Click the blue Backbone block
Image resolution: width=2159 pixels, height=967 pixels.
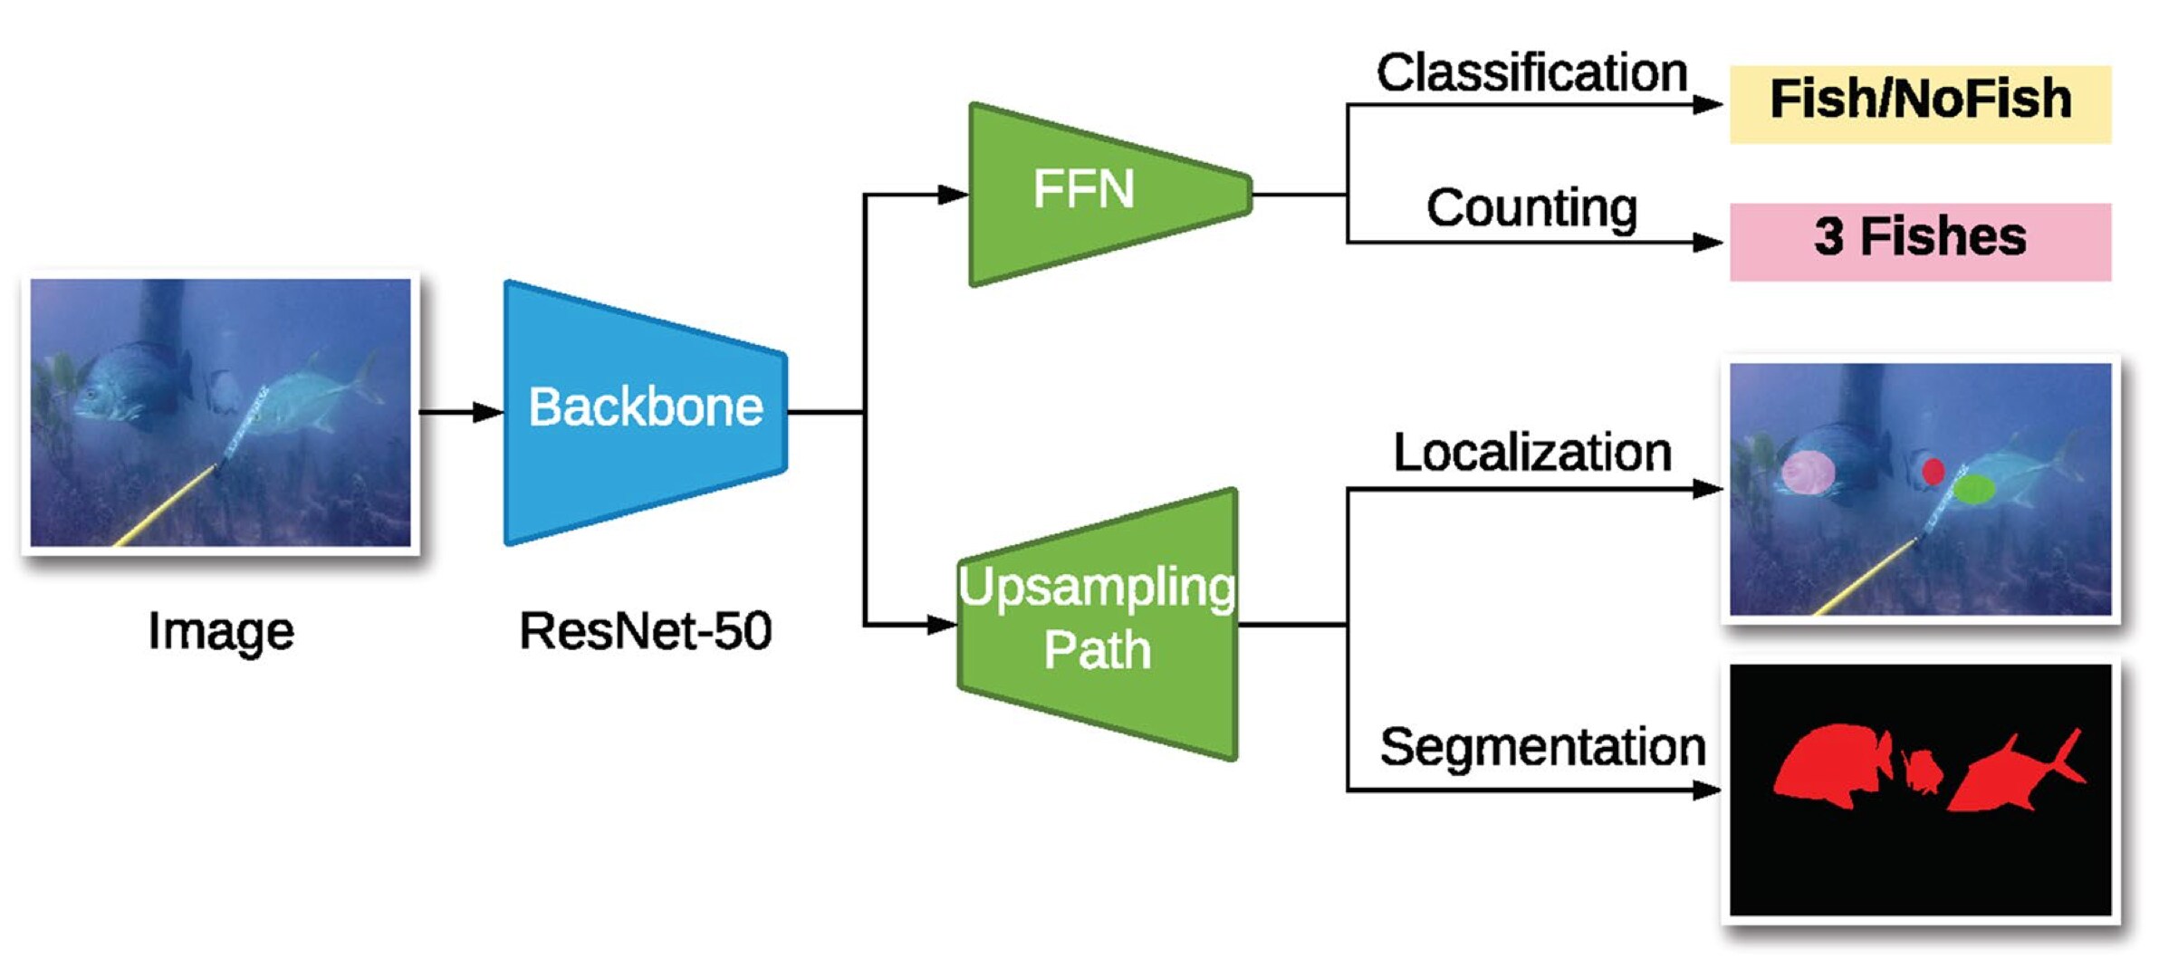(645, 412)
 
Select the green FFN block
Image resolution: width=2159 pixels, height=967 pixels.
(1096, 193)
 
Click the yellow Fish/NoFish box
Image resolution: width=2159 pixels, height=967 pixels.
(1920, 103)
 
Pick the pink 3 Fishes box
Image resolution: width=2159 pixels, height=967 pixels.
(1920, 241)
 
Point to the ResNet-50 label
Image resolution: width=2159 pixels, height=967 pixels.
(645, 631)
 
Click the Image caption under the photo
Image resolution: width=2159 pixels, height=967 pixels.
(220, 631)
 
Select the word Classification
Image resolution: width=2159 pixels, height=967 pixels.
(1531, 72)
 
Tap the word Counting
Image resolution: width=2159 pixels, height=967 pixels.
(1531, 208)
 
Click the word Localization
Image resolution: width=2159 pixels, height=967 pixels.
(1531, 453)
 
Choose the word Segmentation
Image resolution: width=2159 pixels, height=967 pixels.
(1542, 747)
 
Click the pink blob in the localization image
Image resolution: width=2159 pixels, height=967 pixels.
(1808, 472)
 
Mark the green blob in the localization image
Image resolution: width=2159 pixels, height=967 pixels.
(1973, 490)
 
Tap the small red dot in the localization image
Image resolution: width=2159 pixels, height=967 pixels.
(1933, 471)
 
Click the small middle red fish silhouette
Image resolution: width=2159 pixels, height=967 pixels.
(1921, 772)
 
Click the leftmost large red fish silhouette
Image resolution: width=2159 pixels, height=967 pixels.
(1829, 765)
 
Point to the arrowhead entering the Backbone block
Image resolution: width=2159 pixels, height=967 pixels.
(489, 412)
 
